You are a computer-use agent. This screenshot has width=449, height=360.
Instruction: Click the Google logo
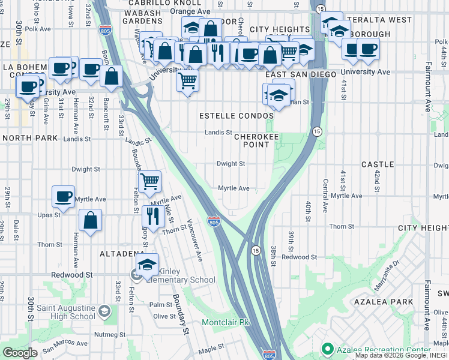point(20,352)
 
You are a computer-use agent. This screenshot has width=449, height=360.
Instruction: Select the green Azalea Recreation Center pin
point(327,349)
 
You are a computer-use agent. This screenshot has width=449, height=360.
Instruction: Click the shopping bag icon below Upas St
point(90,220)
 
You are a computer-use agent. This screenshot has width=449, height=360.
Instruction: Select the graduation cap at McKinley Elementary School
point(147,264)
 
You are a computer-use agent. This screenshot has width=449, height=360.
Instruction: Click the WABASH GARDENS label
point(143,16)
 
